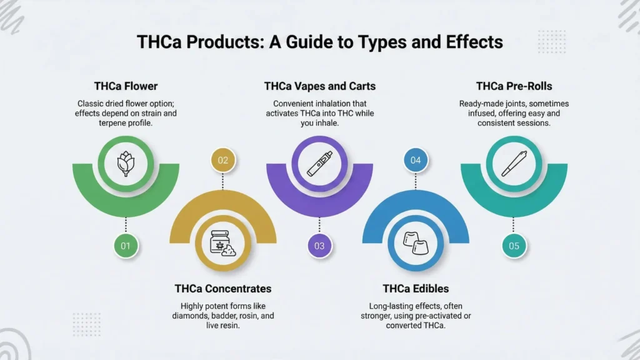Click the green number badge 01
coord(126,246)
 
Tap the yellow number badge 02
coord(223,161)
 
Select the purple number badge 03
coord(319,246)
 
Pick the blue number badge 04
coord(416,161)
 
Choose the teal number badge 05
coord(514,246)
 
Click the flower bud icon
coord(126,164)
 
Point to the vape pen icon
coord(319,164)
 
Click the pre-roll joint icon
coord(514,164)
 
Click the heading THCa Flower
coord(126,86)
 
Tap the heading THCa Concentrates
coord(223,289)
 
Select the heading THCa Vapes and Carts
coord(319,86)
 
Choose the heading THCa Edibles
coord(416,289)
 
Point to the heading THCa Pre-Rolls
coord(514,86)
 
